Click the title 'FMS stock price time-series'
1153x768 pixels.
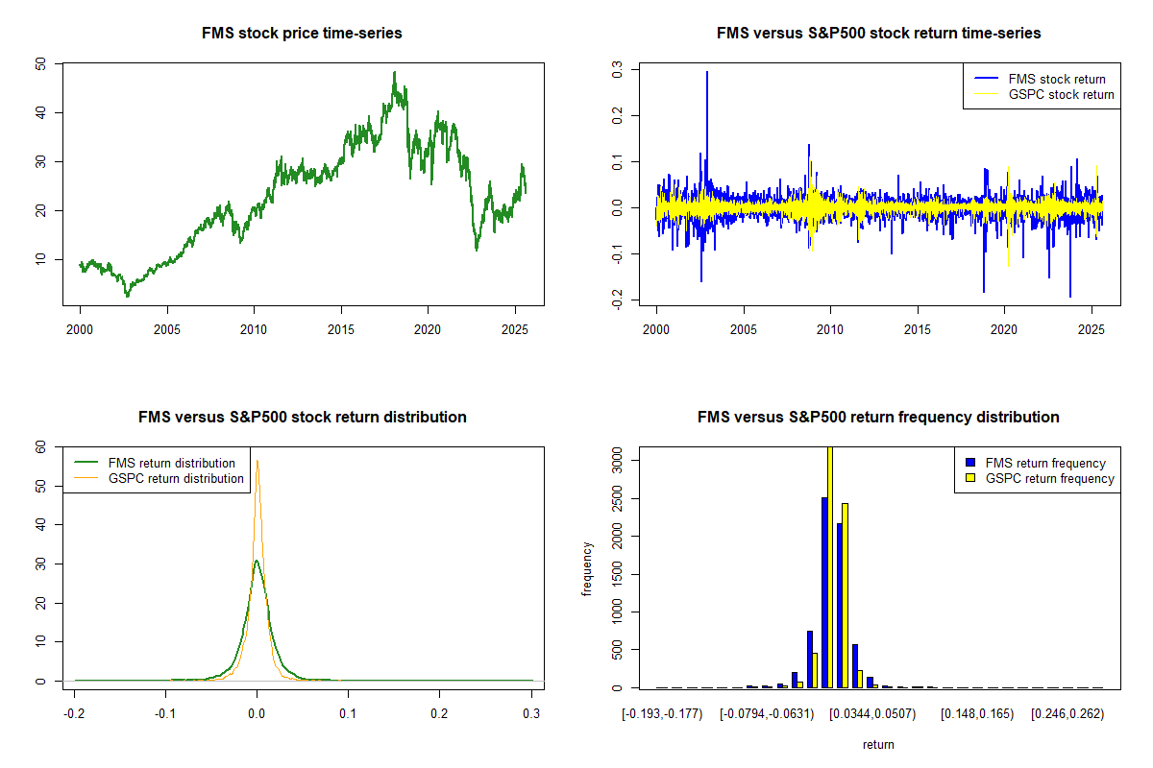pyautogui.click(x=302, y=34)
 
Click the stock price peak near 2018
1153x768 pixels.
pyautogui.click(x=394, y=72)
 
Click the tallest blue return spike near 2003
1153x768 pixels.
pyautogui.click(x=707, y=72)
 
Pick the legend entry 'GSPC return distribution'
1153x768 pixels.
pyautogui.click(x=176, y=478)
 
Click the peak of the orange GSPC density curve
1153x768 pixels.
pyautogui.click(x=257, y=460)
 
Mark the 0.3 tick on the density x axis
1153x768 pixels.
pyautogui.click(x=530, y=714)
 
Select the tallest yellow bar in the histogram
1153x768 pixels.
pyautogui.click(x=830, y=566)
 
